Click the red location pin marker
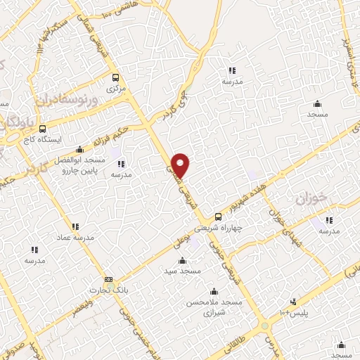coord(181,165)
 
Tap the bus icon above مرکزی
coord(115,77)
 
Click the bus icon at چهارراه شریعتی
coord(219,217)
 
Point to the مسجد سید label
coord(182,271)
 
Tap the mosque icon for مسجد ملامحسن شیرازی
coord(214,291)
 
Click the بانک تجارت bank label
coord(107,290)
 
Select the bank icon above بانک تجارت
coord(108,279)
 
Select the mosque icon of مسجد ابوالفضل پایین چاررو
coord(79,148)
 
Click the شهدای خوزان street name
coord(281,214)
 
